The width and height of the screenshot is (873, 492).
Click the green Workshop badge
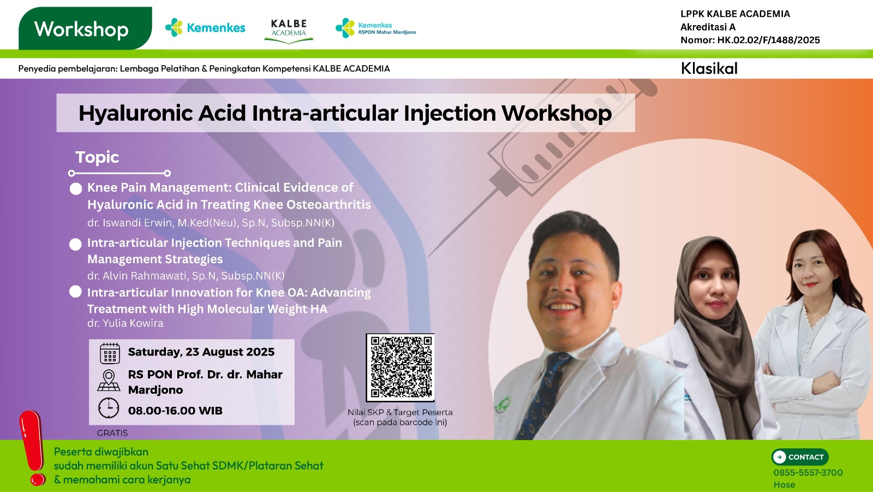[x=83, y=29]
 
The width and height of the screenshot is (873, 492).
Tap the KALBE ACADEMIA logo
[x=289, y=29]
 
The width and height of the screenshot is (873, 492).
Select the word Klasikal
[x=709, y=68]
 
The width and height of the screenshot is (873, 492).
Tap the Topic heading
[x=97, y=157]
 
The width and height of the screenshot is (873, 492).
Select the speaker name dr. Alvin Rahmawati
[x=138, y=276]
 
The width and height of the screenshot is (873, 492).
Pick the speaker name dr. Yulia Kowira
[x=125, y=323]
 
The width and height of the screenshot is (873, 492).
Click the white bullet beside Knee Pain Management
[x=76, y=189]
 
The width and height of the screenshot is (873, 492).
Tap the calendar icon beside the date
[x=110, y=353]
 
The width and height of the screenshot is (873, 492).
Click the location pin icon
[x=109, y=380]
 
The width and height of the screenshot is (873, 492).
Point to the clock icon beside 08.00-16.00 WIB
[x=109, y=408]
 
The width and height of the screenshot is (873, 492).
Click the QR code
[x=400, y=367]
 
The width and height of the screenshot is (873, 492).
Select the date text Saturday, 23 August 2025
[x=201, y=352]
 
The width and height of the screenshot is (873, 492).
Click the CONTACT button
[x=800, y=457]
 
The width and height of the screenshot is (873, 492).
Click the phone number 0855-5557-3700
[x=808, y=473]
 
